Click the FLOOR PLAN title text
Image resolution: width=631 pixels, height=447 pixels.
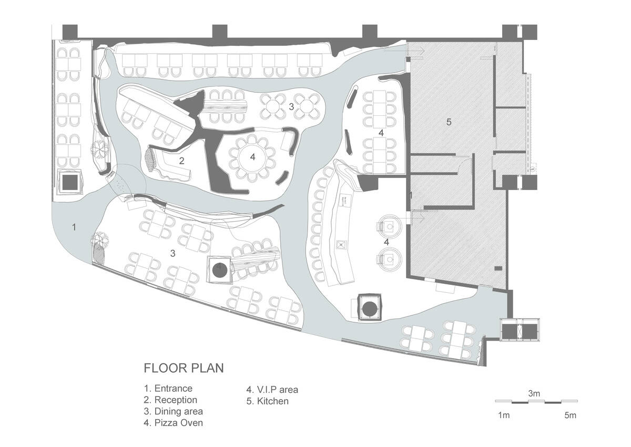[184, 368]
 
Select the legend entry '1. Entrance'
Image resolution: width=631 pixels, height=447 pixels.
[168, 389]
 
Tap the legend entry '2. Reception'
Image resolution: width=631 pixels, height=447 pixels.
[170, 400]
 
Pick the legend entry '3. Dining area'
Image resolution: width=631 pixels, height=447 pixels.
[173, 412]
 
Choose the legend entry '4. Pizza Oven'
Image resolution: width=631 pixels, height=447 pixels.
[173, 423]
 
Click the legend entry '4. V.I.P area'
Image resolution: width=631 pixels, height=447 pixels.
[272, 390]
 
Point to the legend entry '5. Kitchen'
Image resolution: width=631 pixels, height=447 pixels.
[267, 401]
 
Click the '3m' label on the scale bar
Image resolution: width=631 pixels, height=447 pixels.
[534, 393]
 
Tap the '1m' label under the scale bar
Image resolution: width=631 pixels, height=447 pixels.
[504, 415]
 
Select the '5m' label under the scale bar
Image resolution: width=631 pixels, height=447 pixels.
[570, 415]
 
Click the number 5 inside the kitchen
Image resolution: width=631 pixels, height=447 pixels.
[449, 122]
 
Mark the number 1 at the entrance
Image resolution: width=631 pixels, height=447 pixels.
[74, 227]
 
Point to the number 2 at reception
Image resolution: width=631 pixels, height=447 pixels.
[182, 161]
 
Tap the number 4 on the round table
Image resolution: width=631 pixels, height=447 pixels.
[252, 157]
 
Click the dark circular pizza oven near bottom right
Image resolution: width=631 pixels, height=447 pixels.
[369, 310]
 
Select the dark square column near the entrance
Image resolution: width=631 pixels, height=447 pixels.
[70, 182]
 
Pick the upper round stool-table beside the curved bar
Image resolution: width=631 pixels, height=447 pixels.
[390, 226]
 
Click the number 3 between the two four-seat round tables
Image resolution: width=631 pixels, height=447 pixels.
[291, 106]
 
